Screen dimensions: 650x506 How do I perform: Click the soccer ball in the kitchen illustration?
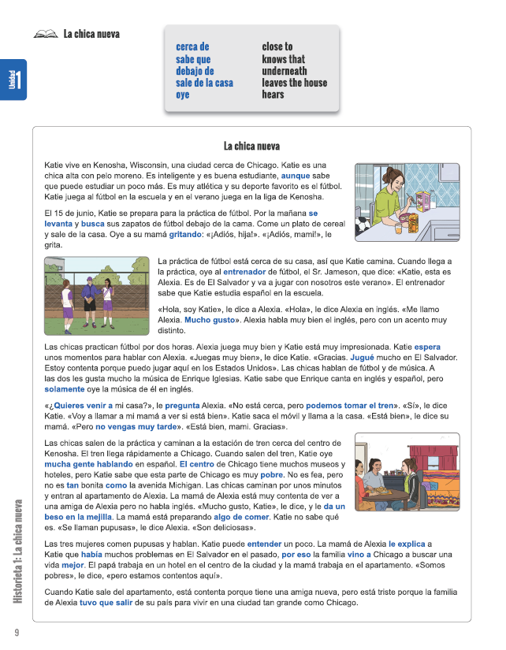(x=360, y=227)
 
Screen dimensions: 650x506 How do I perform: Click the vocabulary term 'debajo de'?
(x=195, y=71)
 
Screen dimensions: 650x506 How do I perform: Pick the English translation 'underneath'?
(x=285, y=71)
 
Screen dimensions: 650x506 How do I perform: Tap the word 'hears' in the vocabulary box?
(x=273, y=95)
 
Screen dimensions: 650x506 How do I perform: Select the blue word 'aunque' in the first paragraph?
(x=296, y=176)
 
